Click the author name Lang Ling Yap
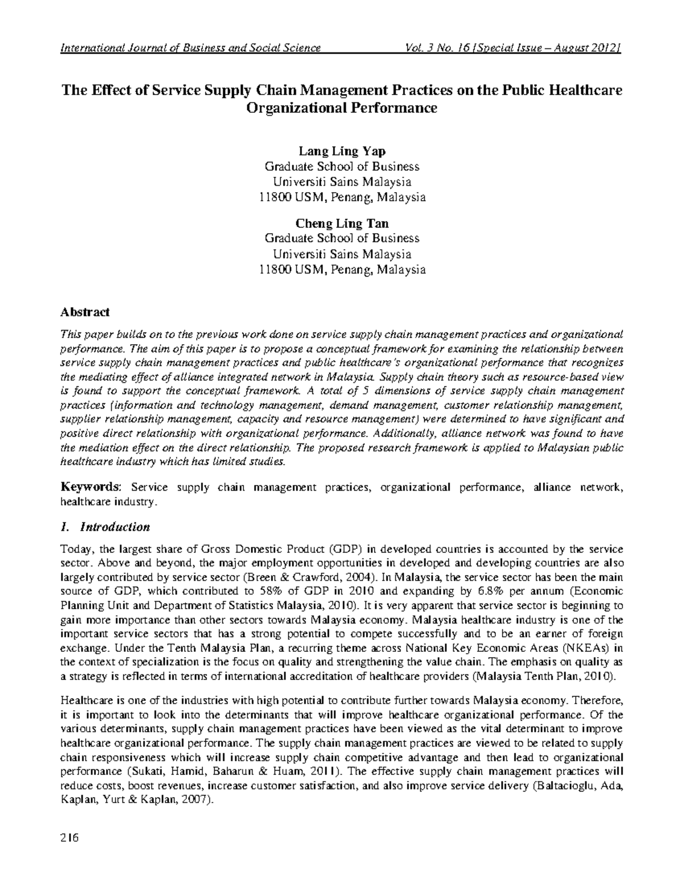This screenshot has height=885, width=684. click(x=342, y=151)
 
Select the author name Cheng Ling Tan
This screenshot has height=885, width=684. click(x=342, y=223)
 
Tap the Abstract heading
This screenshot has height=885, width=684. click(x=85, y=312)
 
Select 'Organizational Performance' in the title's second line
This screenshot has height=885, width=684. click(x=341, y=108)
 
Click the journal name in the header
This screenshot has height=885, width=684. click(x=190, y=48)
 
